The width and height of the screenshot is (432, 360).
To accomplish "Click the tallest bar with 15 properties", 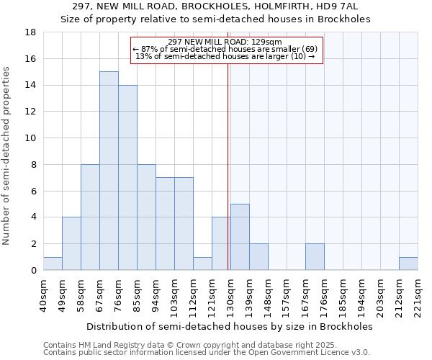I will pos(109,171).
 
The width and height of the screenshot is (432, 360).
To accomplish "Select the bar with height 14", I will pos(127,177).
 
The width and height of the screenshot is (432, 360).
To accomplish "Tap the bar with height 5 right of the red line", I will pos(240,237).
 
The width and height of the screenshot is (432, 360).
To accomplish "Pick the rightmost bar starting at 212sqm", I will pos(408,264).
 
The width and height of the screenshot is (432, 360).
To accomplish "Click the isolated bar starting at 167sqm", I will pos(315,257).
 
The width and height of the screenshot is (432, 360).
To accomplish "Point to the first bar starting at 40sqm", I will pos(53,264).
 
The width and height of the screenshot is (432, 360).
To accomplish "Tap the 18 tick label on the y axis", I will pos(31,32).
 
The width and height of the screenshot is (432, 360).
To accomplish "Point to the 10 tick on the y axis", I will pos(31,138).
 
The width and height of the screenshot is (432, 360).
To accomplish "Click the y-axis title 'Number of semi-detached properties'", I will pos(7,156).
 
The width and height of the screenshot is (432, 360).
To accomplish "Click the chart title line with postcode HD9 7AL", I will pos(220,6).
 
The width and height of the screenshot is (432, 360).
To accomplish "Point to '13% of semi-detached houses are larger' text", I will pos(225,56).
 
